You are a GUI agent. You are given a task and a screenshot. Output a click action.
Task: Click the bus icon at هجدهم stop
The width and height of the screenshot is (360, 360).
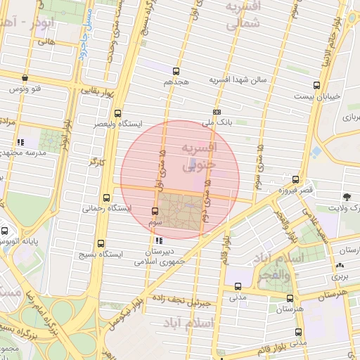[175, 70]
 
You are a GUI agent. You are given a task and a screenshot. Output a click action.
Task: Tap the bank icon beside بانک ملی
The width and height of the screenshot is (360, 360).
[217, 112]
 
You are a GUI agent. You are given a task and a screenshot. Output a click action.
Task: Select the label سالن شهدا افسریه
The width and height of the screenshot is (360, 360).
[239, 80]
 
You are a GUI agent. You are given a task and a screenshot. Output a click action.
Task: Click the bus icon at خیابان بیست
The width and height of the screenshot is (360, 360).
[316, 85]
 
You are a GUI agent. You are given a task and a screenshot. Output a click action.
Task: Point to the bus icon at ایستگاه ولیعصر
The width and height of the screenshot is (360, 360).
[117, 112]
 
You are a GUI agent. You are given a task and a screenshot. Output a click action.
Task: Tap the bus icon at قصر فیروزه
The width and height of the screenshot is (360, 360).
[295, 179]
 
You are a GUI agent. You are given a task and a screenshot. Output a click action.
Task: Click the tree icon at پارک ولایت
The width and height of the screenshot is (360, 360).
[346, 197]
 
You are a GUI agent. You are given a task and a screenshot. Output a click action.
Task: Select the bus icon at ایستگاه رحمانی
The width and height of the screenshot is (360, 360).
[106, 198]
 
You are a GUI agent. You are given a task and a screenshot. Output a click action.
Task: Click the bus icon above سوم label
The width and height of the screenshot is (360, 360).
[155, 211]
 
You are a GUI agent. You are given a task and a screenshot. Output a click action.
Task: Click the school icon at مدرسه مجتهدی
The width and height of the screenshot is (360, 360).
[21, 142]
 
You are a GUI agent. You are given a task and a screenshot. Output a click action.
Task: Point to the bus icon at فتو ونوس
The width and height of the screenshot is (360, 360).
[25, 79]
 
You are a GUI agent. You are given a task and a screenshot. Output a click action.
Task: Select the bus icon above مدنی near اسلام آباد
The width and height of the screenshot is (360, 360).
[238, 286]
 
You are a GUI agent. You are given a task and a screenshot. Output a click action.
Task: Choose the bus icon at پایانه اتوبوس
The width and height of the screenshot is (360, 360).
[5, 231]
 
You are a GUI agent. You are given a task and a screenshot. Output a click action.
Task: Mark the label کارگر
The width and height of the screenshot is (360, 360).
[89, 163]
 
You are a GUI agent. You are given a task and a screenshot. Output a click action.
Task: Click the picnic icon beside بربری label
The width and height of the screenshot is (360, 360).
[340, 265]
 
